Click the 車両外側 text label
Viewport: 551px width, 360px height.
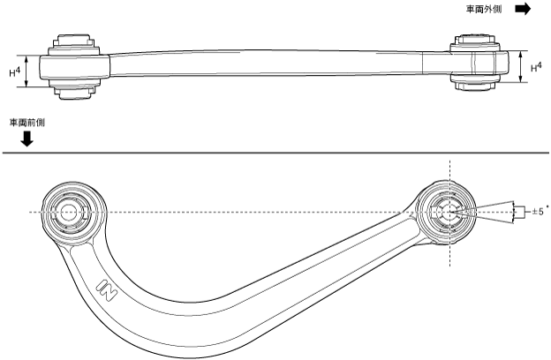point(486,10)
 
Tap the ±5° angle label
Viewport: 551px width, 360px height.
point(540,212)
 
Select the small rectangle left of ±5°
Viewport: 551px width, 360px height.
point(521,212)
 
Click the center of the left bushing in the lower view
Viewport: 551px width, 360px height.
point(69,213)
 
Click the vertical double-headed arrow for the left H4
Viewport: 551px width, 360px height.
point(29,71)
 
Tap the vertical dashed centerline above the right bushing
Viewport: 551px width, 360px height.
point(449,172)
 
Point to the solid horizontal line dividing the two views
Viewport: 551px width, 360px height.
point(275,154)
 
